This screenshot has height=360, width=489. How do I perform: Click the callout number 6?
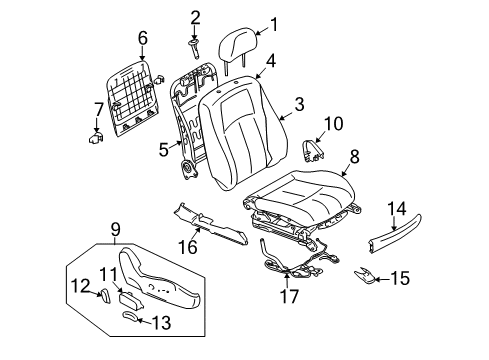pyautogui.click(x=142, y=38)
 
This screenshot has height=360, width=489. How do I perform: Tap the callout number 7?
pyautogui.click(x=98, y=107)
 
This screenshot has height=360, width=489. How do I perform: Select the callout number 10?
pyautogui.click(x=334, y=124)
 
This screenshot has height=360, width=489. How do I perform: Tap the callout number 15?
pyautogui.click(x=400, y=279)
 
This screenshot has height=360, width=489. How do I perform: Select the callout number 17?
pyautogui.click(x=290, y=296)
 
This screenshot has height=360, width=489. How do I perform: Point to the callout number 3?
pyautogui.click(x=299, y=103)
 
